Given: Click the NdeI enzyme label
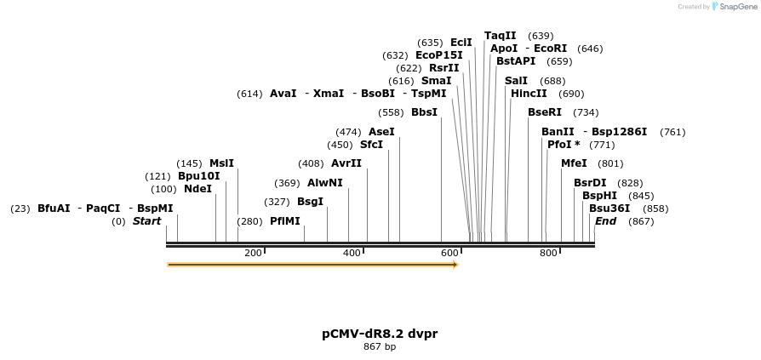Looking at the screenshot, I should coord(197,189).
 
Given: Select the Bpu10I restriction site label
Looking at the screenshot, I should coord(198,176).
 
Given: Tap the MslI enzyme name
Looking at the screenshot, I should coord(221,163).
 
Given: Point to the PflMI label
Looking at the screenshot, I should coord(285,221).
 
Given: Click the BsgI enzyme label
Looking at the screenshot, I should coord(310,202).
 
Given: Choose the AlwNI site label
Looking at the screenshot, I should coord(324,183).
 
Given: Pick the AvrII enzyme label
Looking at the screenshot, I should coord(346,163).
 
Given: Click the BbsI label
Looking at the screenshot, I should coord(424,112).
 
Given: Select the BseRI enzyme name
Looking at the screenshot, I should coord(545,112).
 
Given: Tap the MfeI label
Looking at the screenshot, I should coord(574,163).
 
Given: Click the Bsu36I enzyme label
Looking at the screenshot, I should coord(609,208).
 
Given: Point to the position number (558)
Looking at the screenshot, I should coord(391,112).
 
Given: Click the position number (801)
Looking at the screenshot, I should coord(610,163).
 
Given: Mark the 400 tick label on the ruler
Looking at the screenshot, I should coord(352,253).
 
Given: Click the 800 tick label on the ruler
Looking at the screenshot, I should coord(548,253).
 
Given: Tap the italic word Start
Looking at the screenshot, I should coord(146,221).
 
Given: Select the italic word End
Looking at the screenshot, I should coord(606,221).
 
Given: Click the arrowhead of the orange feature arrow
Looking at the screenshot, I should coord(455,265).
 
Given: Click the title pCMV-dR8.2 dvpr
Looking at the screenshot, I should coord(380,334).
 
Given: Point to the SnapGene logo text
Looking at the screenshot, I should coord(737,7).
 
